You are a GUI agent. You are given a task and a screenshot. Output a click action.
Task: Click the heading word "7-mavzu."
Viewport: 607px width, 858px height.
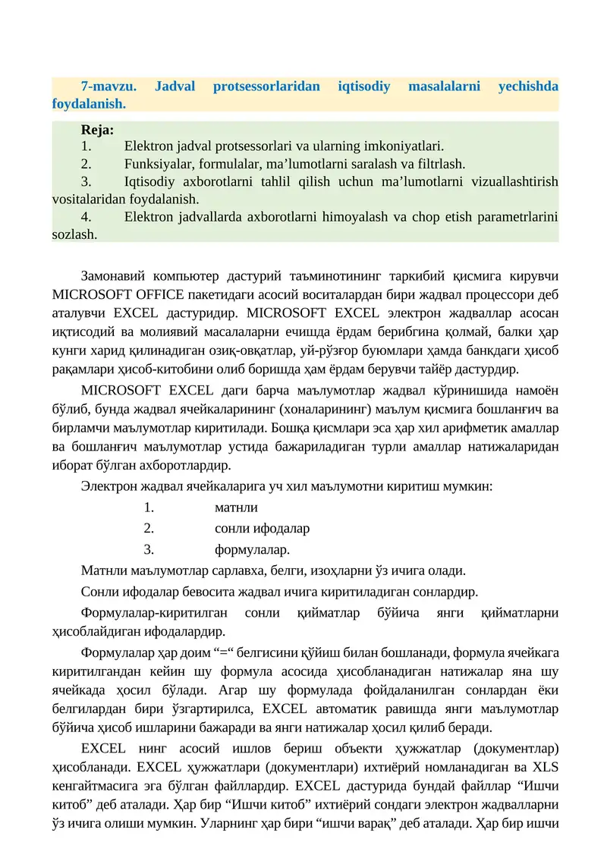tap(103, 86)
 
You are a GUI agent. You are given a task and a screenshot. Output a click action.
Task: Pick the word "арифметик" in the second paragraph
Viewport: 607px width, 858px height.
tap(488, 429)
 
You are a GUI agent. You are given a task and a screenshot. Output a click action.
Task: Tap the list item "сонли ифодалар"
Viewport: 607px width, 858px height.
tap(262, 528)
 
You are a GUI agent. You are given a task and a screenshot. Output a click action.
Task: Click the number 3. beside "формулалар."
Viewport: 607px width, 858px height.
tap(149, 548)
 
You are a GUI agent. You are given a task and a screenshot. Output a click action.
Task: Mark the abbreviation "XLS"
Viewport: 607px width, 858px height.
tap(545, 766)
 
